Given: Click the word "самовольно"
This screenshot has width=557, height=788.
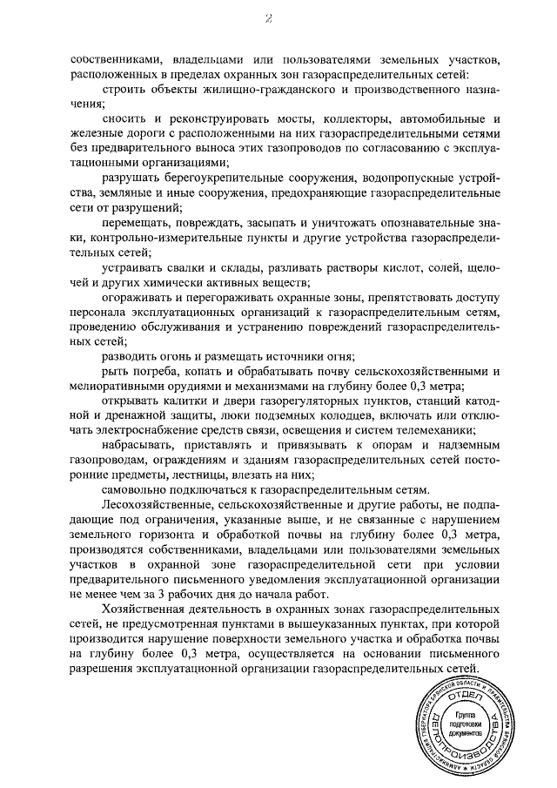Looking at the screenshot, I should pos(140,489).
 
